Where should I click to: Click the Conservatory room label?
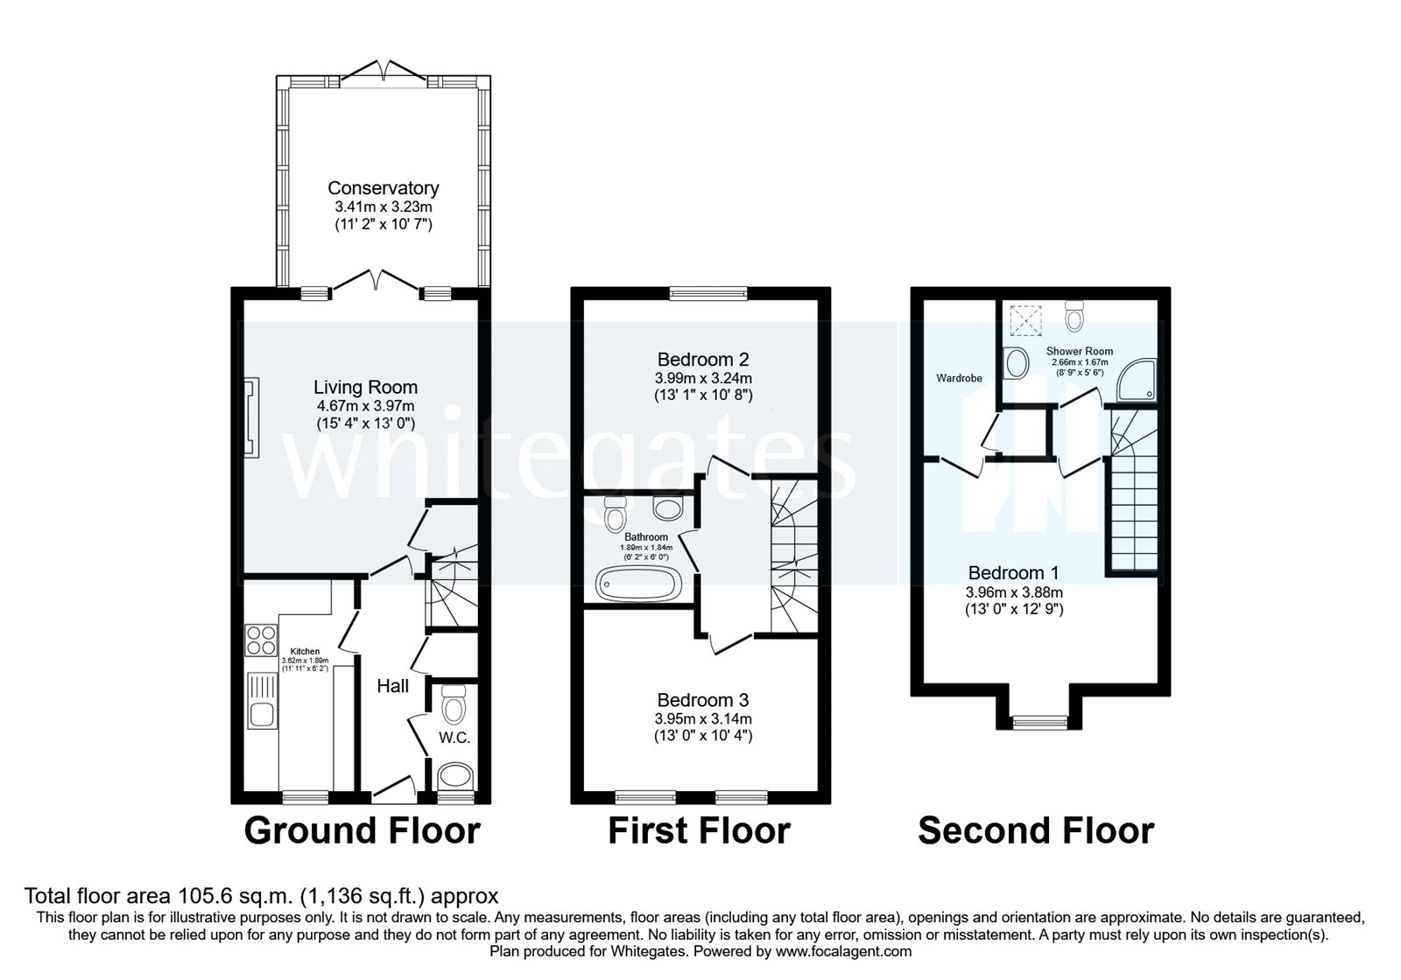click(x=383, y=187)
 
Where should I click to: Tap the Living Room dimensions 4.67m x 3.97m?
click(x=365, y=406)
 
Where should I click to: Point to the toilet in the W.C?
click(x=454, y=702)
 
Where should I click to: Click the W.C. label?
click(x=454, y=738)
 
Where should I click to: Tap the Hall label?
click(x=392, y=686)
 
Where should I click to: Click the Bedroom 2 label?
click(x=703, y=359)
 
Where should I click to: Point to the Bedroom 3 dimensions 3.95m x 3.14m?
click(x=703, y=719)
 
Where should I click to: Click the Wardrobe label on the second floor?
click(x=959, y=378)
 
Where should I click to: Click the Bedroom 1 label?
click(x=1013, y=573)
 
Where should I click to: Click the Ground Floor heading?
click(x=362, y=830)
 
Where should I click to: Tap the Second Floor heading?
click(x=1036, y=830)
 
